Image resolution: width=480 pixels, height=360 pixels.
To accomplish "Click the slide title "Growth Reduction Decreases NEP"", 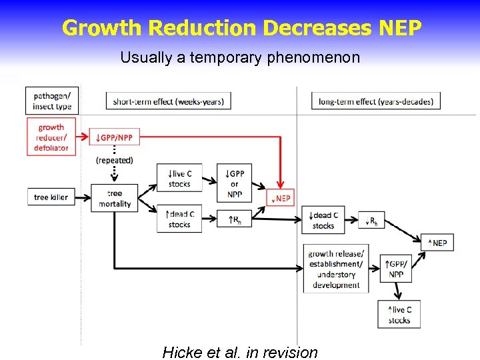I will [x=241, y=28].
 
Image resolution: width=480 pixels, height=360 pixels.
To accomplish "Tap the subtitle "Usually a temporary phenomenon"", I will [x=240, y=57].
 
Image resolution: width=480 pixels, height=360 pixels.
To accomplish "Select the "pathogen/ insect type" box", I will [x=51, y=100].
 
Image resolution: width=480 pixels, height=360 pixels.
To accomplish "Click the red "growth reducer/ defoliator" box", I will [x=51, y=137].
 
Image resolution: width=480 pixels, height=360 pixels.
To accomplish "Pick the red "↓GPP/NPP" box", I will [x=114, y=137].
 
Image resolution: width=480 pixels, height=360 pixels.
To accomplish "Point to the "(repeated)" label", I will [x=115, y=160].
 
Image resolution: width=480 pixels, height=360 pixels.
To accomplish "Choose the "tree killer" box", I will [x=51, y=197].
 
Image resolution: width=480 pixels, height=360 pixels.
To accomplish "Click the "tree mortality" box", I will [x=115, y=199].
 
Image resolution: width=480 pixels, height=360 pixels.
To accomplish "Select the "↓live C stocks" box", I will [x=179, y=178].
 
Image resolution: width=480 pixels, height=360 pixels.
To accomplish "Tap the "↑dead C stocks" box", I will [x=179, y=219].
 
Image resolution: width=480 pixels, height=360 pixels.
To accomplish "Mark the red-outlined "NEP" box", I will [x=280, y=198].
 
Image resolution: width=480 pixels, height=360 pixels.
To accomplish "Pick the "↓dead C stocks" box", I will [x=323, y=220].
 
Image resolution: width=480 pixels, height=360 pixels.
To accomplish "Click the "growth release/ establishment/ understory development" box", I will [x=335, y=269].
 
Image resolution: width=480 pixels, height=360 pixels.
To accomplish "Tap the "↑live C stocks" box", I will [x=399, y=315].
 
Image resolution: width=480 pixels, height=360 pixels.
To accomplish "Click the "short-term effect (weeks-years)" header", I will [x=168, y=101].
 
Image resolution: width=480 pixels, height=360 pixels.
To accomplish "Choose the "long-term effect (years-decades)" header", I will [x=376, y=101].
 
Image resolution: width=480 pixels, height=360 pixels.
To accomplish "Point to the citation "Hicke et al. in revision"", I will [x=240, y=352].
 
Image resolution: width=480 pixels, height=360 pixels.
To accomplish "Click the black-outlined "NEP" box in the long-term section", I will [x=437, y=243].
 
